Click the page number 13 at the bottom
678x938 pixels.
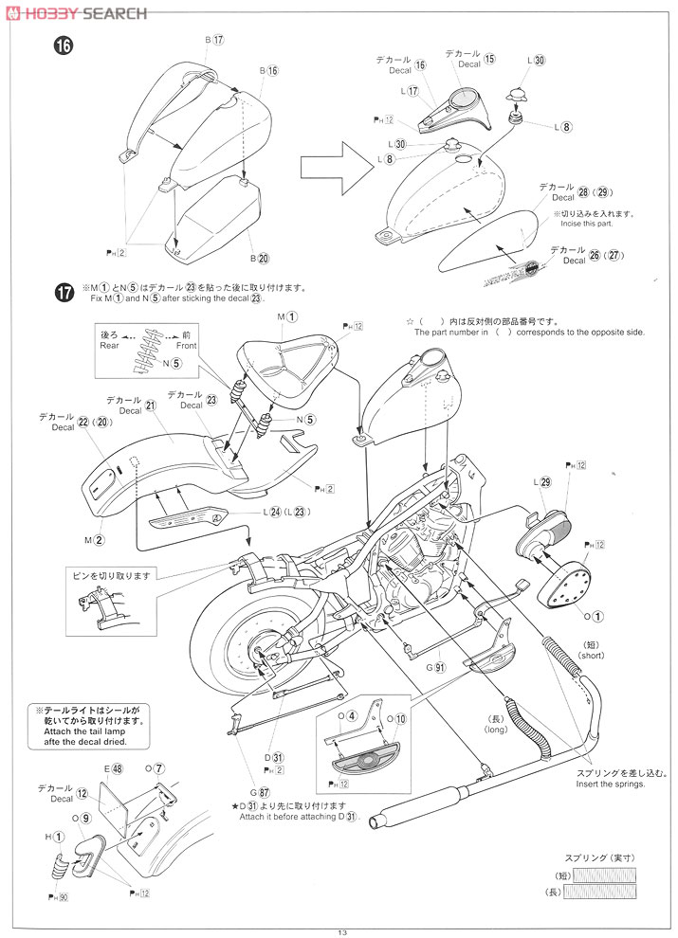[x=340, y=931]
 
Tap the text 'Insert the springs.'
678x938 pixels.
[x=611, y=784]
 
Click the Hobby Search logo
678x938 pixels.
[x=76, y=12]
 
